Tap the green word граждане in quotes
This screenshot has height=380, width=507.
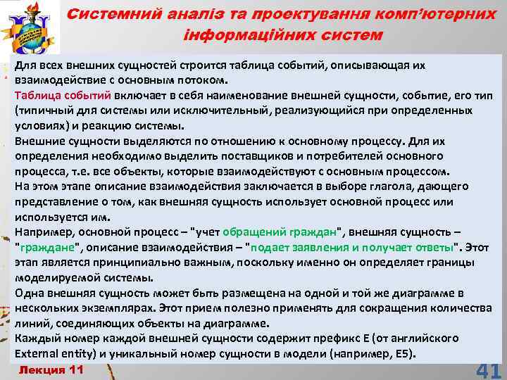(x=44, y=248)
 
